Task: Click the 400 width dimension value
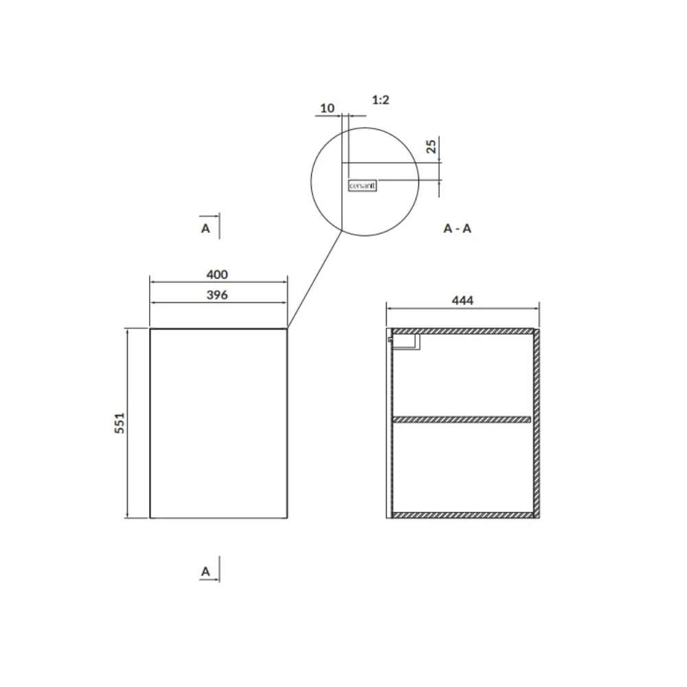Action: [x=217, y=275]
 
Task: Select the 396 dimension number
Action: [x=217, y=295]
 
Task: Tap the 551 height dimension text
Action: [x=119, y=423]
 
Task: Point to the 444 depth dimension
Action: [x=463, y=300]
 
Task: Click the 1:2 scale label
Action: [x=381, y=100]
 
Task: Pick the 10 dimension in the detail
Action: [x=327, y=108]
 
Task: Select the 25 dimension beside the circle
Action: [x=431, y=146]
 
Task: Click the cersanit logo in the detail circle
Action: [x=363, y=185]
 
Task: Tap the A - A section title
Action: [x=458, y=229]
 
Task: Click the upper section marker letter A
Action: [x=205, y=228]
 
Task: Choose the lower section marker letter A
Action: [x=205, y=572]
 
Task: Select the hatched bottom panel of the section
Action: [x=462, y=515]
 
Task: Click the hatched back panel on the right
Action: [x=537, y=423]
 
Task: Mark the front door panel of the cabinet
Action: [x=218, y=423]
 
